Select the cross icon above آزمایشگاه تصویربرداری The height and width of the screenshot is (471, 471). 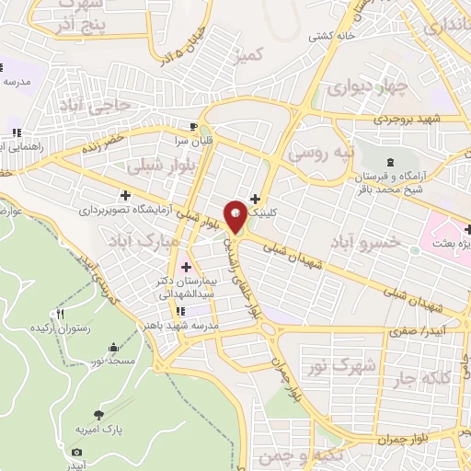pyautogui.click(x=125, y=195)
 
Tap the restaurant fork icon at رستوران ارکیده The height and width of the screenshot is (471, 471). pyautogui.click(x=60, y=314)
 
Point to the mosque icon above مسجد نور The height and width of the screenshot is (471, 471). pyautogui.click(x=114, y=348)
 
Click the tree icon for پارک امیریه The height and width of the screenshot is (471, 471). pyautogui.click(x=99, y=415)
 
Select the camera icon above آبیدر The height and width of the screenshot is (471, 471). pyautogui.click(x=76, y=452)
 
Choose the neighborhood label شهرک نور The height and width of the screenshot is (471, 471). pyautogui.click(x=356, y=366)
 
